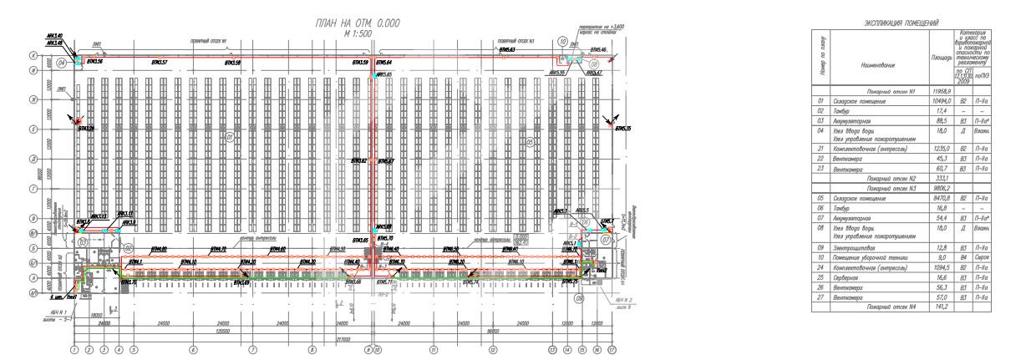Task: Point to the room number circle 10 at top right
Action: [563, 40]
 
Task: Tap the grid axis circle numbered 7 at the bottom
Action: [253, 349]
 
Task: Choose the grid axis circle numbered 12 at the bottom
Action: [493, 349]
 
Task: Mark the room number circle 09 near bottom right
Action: [579, 296]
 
